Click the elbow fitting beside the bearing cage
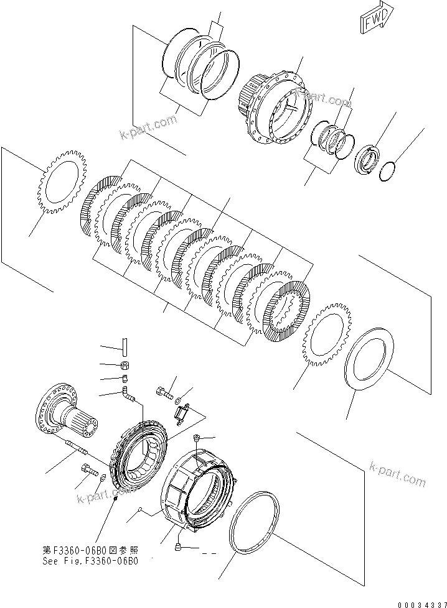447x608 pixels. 128,394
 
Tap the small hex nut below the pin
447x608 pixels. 124,365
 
